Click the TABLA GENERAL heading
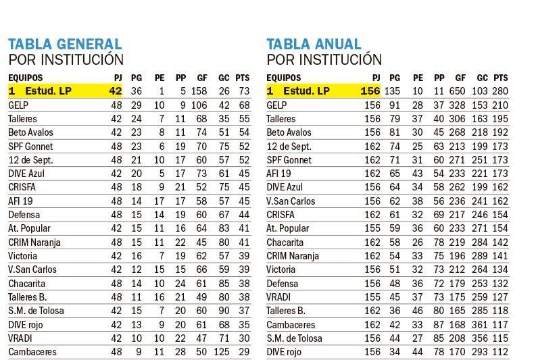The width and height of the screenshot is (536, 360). [65, 45]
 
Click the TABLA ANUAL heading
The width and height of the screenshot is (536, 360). [314, 45]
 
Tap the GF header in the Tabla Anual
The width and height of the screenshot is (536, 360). [460, 78]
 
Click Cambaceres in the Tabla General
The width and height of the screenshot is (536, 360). [32, 352]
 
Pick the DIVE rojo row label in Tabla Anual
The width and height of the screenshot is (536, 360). [288, 352]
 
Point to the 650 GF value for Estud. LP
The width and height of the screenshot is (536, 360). [458, 91]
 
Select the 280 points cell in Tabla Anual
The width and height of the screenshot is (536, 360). [500, 91]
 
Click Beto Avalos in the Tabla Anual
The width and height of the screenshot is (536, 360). [289, 132]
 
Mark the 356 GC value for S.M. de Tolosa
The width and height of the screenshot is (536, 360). [479, 338]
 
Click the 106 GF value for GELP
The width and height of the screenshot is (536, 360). [198, 105]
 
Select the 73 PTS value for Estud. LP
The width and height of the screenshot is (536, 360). [244, 91]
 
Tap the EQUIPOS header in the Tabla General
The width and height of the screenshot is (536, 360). [25, 78]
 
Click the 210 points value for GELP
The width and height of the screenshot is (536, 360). [500, 105]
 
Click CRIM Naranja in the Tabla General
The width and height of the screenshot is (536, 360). [36, 242]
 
